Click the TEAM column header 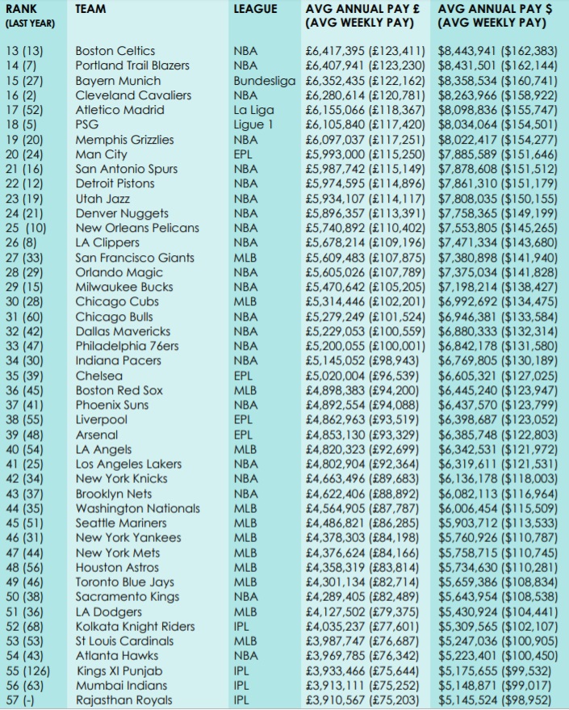pyautogui.click(x=90, y=9)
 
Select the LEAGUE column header pyautogui.click(x=254, y=9)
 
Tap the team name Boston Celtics pyautogui.click(x=115, y=51)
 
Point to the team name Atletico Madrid pyautogui.click(x=119, y=110)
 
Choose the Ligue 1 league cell pyautogui.click(x=253, y=124)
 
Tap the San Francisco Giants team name pyautogui.click(x=135, y=258)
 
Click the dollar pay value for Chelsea pyautogui.click(x=497, y=376)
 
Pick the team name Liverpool pyautogui.click(x=102, y=420)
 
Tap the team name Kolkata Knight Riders pyautogui.click(x=135, y=627)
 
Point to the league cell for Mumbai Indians pyautogui.click(x=241, y=686)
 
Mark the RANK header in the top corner pyautogui.click(x=22, y=9)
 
